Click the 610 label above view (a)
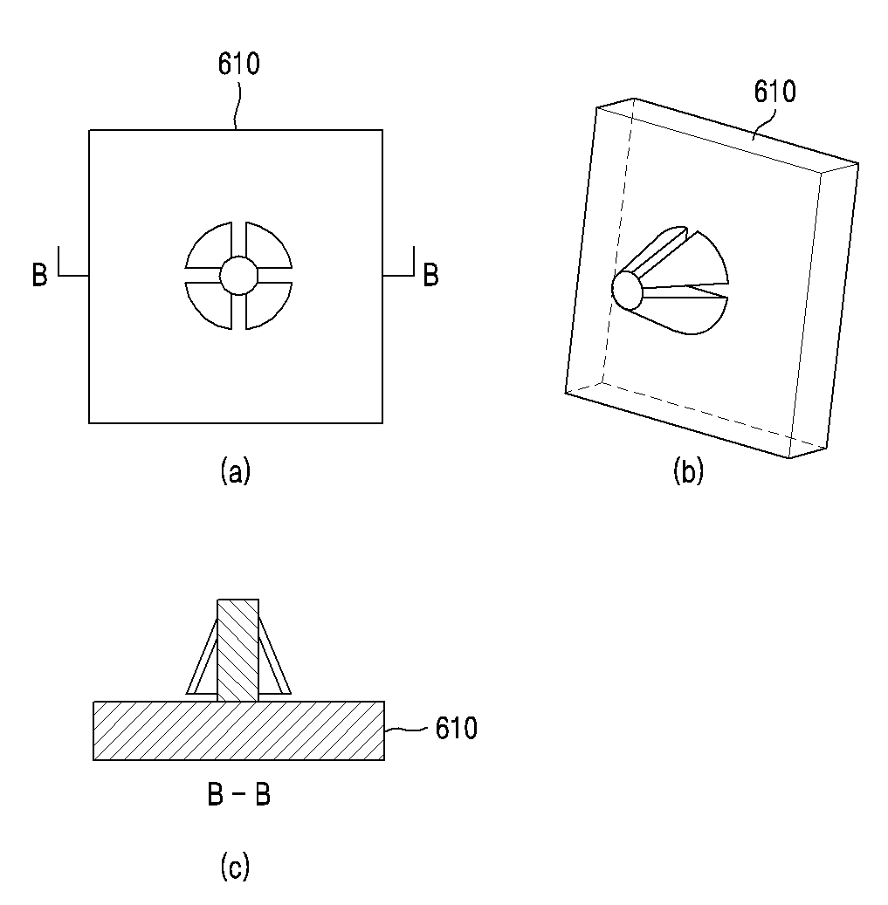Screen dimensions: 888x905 238,64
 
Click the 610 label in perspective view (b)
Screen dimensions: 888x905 774,92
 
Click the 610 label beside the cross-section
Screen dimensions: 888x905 456,729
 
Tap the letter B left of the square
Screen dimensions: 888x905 40,275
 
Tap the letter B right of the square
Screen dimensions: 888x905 430,275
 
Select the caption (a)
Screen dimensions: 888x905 236,470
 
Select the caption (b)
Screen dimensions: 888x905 688,470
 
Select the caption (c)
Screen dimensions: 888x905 235,867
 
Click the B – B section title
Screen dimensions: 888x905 238,794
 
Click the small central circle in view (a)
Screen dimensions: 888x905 238,276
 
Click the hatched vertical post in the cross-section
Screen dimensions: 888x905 237,650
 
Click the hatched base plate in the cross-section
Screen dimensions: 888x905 239,730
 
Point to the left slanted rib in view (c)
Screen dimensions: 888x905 202,657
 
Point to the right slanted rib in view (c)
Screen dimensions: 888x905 275,657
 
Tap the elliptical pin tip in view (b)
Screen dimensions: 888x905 626,291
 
